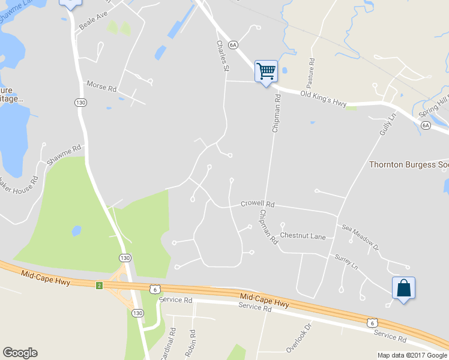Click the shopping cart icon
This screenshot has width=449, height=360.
click(266, 71)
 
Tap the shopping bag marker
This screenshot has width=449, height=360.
click(403, 288)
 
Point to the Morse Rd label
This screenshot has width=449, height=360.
click(101, 86)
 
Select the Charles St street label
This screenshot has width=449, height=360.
click(222, 56)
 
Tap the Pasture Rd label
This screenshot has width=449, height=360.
click(312, 70)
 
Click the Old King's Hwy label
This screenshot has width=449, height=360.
click(324, 98)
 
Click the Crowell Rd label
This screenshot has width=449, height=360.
click(257, 204)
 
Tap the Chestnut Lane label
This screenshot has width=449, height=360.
click(303, 236)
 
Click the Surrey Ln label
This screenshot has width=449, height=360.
click(346, 262)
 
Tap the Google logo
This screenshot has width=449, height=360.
click(20, 353)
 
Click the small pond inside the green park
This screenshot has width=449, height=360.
click(76, 230)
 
